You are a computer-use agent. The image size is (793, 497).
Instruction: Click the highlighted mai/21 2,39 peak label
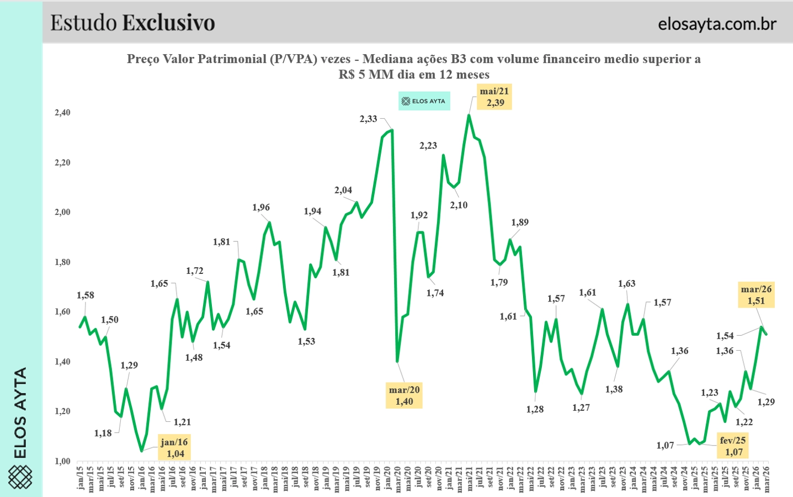[494, 97]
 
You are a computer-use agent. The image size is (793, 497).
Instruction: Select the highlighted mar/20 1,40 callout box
[404, 396]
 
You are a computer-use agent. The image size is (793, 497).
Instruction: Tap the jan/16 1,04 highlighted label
[174, 448]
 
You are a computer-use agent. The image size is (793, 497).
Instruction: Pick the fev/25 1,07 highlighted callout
[733, 446]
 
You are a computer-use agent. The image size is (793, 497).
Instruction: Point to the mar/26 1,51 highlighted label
[756, 295]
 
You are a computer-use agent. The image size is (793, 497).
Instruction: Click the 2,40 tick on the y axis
[62, 113]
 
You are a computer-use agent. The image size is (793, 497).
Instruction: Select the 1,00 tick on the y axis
[62, 461]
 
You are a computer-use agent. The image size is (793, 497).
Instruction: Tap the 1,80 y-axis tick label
[62, 262]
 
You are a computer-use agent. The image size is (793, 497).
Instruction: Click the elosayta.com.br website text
[717, 24]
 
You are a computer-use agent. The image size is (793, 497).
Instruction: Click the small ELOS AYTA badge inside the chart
[424, 101]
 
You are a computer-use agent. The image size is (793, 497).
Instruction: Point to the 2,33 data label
[368, 119]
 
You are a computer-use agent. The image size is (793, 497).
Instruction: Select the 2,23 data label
[428, 146]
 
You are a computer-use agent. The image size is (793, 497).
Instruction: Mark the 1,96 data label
[261, 208]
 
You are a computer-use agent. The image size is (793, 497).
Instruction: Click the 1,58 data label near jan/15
[86, 295]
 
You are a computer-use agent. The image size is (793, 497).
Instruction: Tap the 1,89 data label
[519, 223]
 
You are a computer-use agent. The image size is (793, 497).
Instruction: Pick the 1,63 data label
[626, 284]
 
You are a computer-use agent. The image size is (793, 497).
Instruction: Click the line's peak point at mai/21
[469, 115]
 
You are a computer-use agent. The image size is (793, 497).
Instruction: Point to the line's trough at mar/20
[397, 361]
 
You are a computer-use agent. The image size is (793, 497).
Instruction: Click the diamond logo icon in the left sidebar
[20, 477]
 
